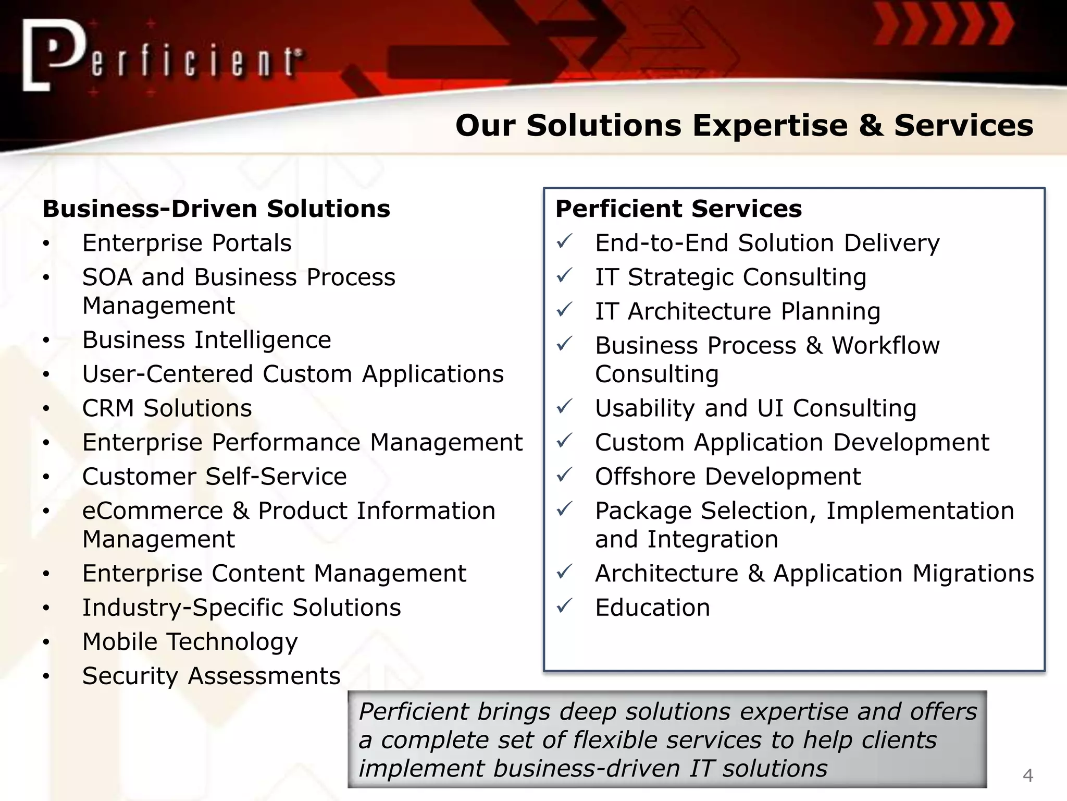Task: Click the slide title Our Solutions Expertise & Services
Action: click(x=744, y=126)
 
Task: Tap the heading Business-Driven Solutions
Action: click(x=216, y=209)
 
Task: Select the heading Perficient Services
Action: click(x=678, y=209)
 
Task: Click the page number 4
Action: click(x=1027, y=775)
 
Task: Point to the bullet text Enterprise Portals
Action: click(x=187, y=243)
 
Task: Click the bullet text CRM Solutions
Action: click(x=167, y=408)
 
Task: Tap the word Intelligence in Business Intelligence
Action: click(x=263, y=340)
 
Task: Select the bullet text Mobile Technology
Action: click(x=190, y=642)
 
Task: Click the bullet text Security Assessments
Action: click(x=211, y=676)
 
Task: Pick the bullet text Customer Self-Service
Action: click(x=214, y=477)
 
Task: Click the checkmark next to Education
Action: click(x=565, y=606)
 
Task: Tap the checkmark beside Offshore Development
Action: click(x=565, y=475)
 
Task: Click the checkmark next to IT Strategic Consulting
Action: click(x=565, y=275)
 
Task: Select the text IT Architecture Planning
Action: click(x=737, y=311)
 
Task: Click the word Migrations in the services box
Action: click(x=973, y=574)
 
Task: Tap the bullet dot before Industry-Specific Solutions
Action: click(x=46, y=608)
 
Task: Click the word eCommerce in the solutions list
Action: click(x=153, y=511)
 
